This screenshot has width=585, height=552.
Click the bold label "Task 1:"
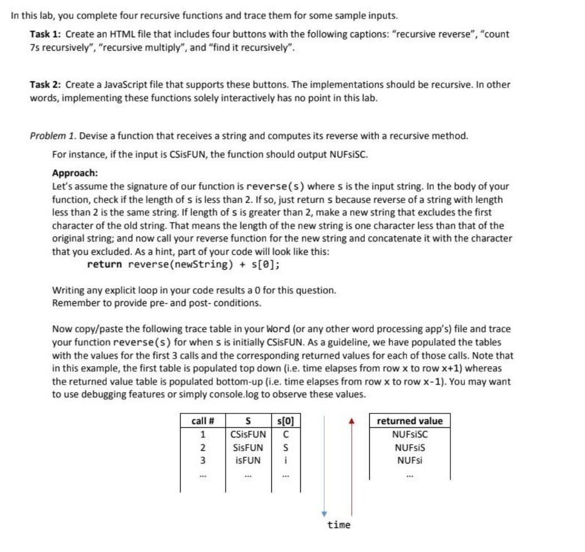click(46, 34)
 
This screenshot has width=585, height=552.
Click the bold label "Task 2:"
click(46, 85)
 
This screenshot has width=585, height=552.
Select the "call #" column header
click(203, 421)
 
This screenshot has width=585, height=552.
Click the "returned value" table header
click(410, 421)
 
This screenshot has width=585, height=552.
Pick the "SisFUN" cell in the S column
click(247, 447)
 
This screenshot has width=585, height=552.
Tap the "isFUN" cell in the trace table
click(247, 460)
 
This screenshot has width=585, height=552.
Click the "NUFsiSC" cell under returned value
click(410, 435)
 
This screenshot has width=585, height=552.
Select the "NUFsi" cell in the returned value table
click(410, 460)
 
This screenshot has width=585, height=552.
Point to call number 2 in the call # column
click(203, 447)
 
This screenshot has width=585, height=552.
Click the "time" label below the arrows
click(339, 525)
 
